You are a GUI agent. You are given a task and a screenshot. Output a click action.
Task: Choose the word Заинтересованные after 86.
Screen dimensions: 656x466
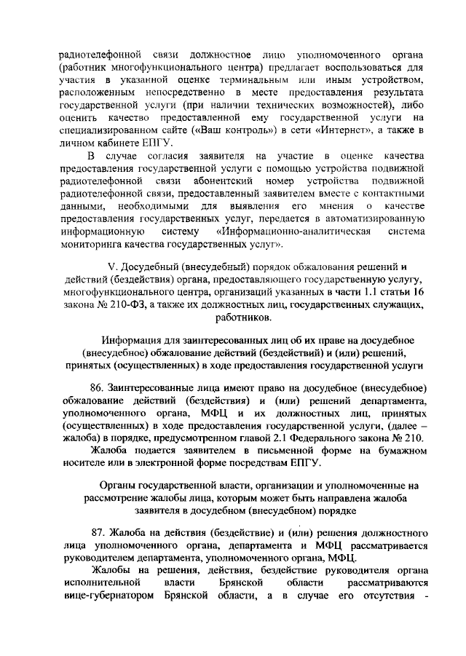[159, 387]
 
